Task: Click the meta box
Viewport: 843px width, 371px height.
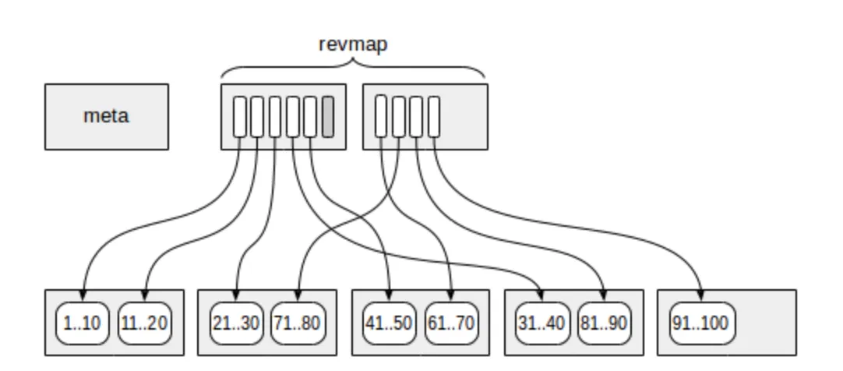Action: coord(107,117)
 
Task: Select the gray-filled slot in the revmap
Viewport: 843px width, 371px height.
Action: coord(328,116)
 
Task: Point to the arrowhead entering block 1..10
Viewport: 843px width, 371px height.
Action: coord(82,297)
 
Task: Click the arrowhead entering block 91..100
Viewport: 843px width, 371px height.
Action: coord(700,297)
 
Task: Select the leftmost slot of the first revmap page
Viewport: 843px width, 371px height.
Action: coord(239,116)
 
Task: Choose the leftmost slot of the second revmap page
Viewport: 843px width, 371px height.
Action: coord(381,116)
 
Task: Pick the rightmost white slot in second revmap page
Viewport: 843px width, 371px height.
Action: coord(434,116)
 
